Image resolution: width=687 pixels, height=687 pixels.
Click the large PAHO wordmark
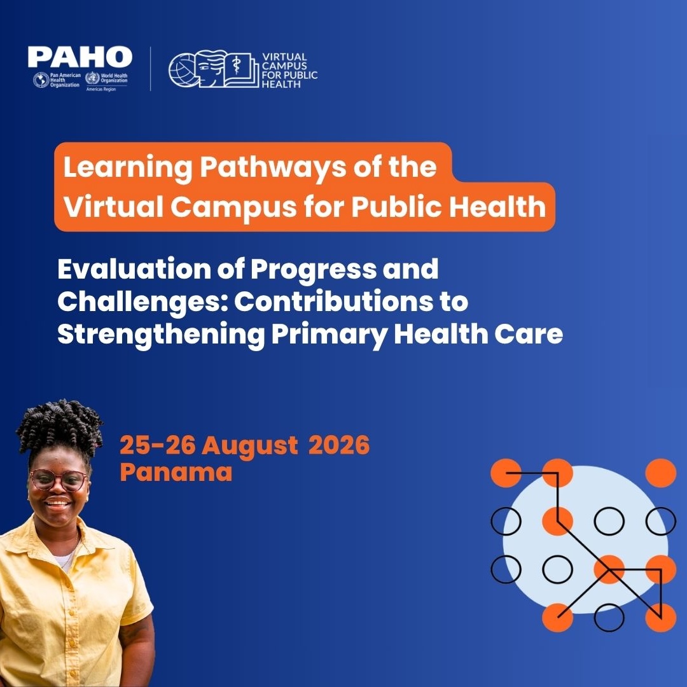pos(80,57)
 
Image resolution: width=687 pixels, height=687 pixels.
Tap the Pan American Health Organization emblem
pos(41,80)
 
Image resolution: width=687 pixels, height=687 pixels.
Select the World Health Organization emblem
pos(92,78)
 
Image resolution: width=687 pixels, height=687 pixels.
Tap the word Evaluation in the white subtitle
pos(134,268)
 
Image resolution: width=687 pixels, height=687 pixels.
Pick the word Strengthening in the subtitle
pos(161,335)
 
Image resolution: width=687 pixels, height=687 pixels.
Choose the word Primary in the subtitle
pos(329,335)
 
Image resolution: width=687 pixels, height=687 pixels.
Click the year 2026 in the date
pos(339,445)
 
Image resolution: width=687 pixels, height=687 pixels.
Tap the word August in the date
pos(250,446)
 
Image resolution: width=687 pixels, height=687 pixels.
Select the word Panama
pos(176,472)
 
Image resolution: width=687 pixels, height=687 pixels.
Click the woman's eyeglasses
pos(59,480)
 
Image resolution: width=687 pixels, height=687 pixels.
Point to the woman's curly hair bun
pos(59,427)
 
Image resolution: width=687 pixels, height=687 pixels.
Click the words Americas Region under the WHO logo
pos(101,90)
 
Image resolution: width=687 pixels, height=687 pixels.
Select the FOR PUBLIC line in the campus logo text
pos(289,75)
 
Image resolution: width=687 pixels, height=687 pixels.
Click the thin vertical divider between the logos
pos(151,69)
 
